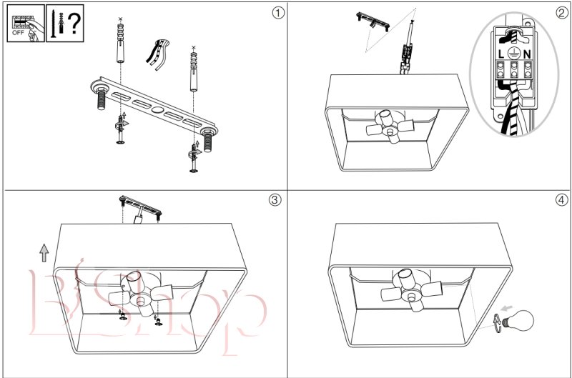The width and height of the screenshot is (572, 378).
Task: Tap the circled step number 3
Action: click(275, 199)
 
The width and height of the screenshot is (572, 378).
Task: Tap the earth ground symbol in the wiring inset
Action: click(515, 52)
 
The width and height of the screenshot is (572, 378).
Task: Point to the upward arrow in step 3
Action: click(44, 252)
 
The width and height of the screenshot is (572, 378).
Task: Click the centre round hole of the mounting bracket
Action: click(157, 109)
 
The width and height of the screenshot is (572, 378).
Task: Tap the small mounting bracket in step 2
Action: click(374, 22)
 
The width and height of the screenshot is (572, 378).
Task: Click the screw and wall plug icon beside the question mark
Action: click(56, 23)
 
